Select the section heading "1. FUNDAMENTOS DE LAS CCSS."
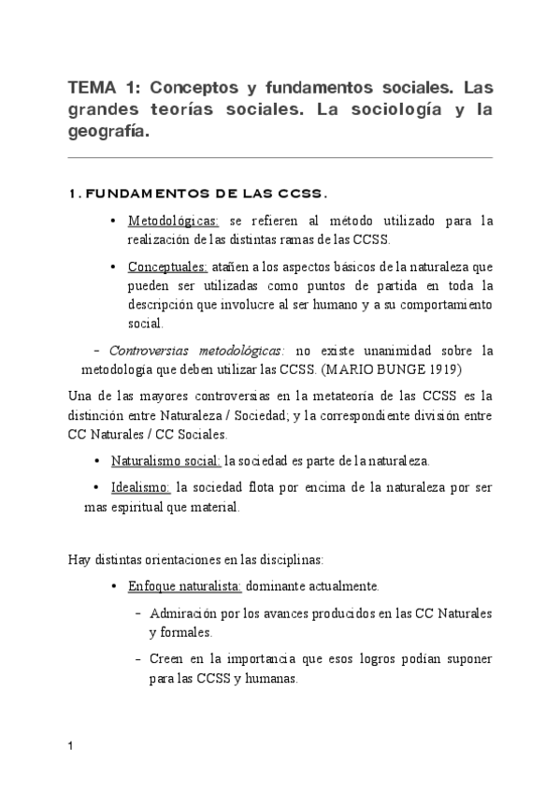pos(196,195)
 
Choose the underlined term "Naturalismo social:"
pos(165,461)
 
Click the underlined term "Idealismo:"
pos(140,487)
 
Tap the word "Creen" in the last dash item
pos(166,659)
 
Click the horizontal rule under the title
pos(280,157)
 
